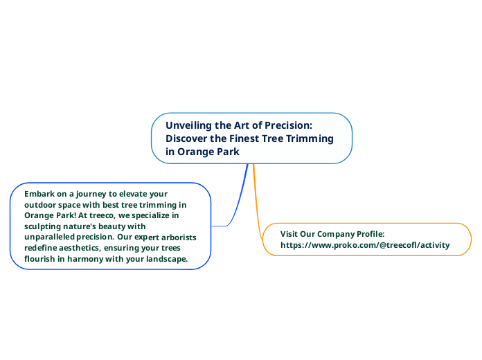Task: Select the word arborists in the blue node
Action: coord(176,237)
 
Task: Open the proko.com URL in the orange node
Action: coord(365,245)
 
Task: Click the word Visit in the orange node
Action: coord(290,234)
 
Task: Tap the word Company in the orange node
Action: coord(339,234)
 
